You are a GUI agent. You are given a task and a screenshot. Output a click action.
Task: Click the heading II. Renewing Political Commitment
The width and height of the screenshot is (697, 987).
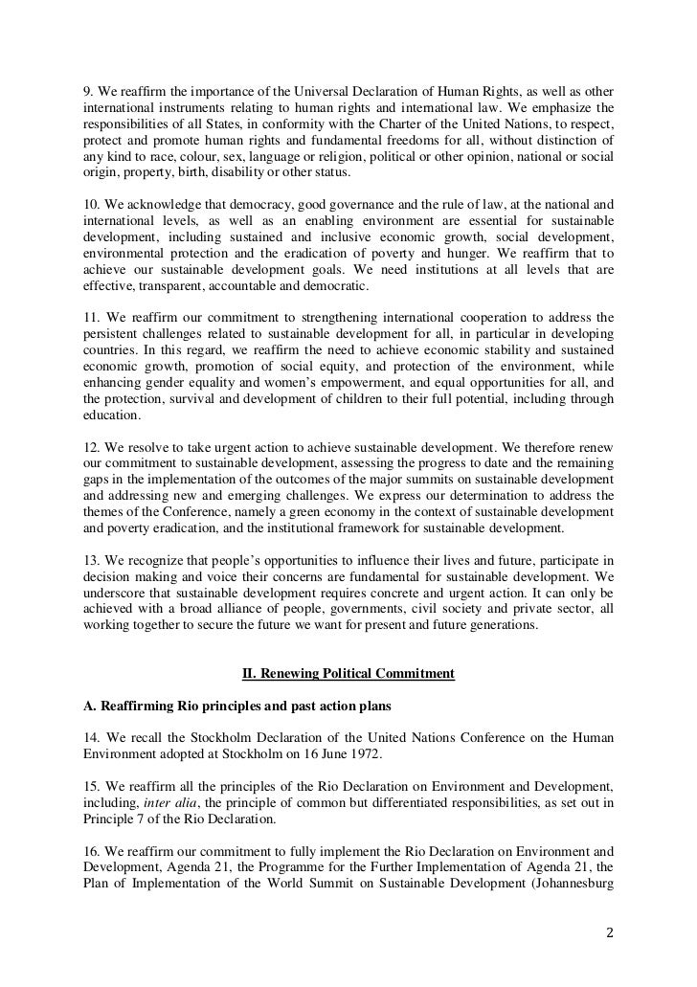click(x=348, y=673)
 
